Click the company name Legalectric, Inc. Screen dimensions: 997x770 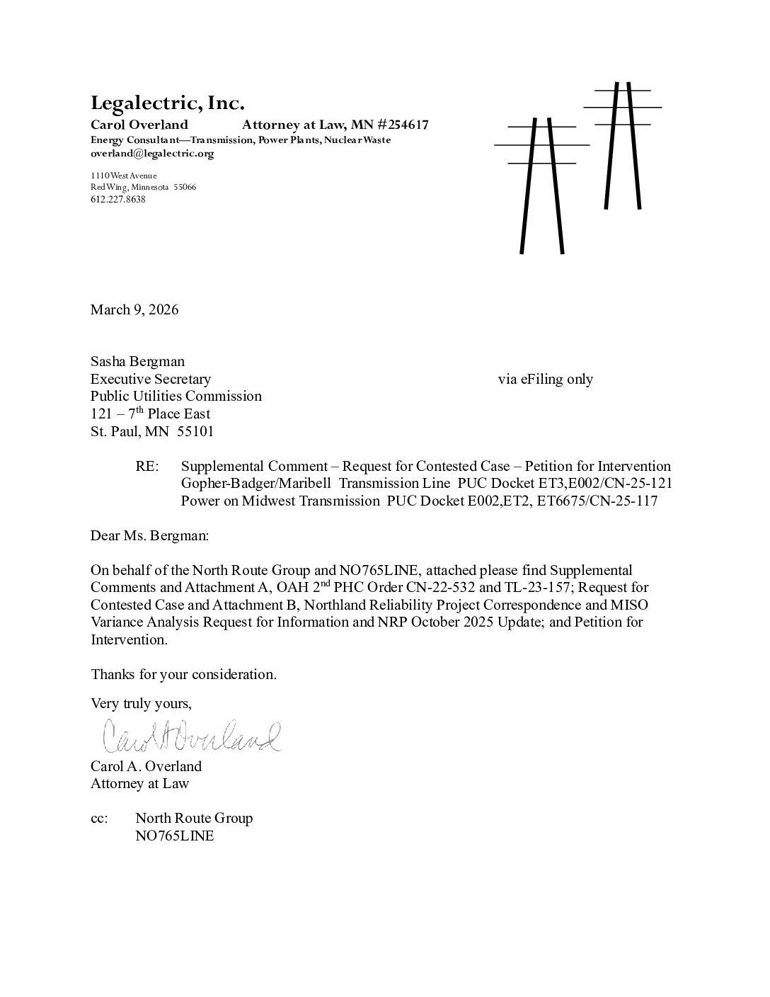(167, 103)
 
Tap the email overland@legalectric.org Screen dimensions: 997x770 (151, 153)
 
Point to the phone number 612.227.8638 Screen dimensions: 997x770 (117, 200)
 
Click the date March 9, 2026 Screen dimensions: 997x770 (134, 309)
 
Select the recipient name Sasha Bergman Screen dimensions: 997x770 (137, 362)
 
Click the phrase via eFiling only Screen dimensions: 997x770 (545, 379)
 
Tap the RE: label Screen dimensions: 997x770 (146, 466)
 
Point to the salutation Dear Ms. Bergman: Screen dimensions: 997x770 (149, 535)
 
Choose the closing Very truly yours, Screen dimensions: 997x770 (141, 703)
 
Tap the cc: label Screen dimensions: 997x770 (99, 819)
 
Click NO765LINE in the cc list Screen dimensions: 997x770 (174, 836)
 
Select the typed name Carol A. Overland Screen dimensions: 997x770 (146, 766)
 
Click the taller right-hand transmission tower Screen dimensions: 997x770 (622, 145)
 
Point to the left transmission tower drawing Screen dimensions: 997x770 (542, 184)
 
